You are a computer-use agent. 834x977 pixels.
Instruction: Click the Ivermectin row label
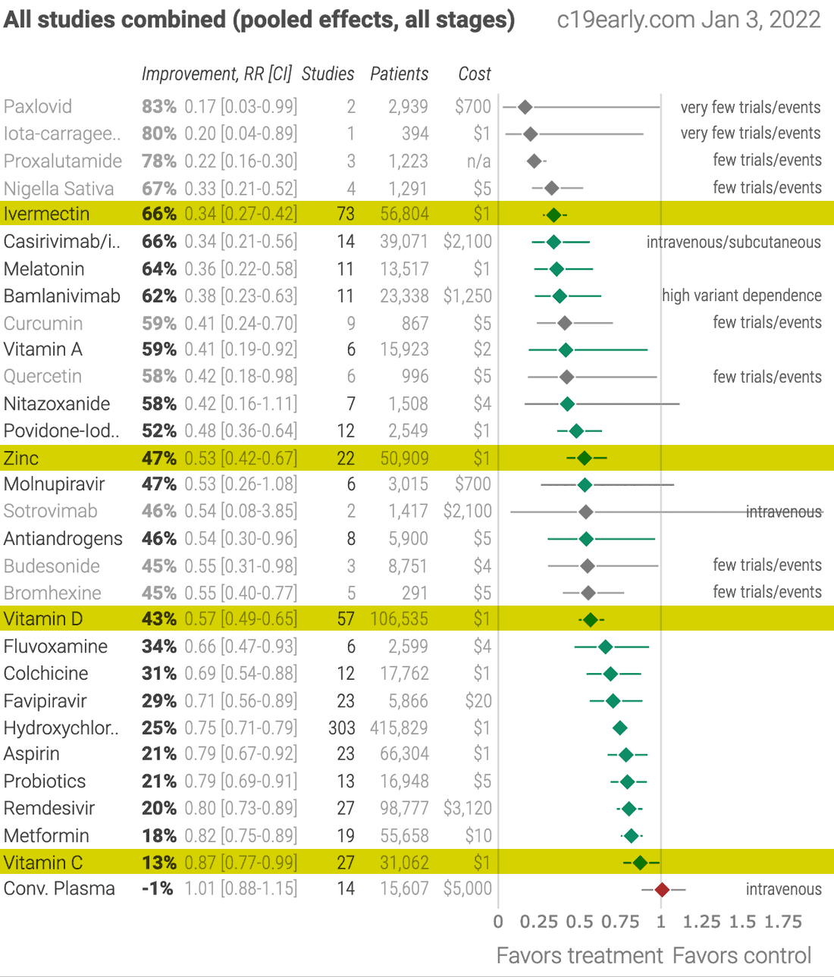click(46, 215)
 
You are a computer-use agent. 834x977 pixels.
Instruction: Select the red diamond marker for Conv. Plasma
click(662, 889)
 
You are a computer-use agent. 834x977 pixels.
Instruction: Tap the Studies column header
click(328, 74)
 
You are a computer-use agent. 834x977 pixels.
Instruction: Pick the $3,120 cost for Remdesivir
click(467, 809)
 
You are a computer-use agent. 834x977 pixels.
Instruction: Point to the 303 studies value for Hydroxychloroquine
click(341, 728)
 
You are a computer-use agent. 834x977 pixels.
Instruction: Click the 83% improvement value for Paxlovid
click(158, 107)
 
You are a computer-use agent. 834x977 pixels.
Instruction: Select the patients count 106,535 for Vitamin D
click(400, 619)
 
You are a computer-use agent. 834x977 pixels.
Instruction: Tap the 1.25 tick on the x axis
click(701, 922)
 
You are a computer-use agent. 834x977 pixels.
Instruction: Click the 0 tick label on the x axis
click(498, 922)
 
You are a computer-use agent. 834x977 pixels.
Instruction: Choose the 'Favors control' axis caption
click(742, 956)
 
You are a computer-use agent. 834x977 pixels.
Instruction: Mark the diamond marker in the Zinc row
click(584, 458)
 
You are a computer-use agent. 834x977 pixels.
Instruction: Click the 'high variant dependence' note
click(742, 296)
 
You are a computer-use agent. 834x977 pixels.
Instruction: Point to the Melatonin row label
click(44, 269)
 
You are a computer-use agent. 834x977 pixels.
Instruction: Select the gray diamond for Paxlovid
click(525, 108)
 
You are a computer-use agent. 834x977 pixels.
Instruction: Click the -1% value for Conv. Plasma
click(158, 889)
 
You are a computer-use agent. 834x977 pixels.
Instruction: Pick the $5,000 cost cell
click(467, 889)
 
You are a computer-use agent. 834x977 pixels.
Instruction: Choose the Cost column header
click(475, 74)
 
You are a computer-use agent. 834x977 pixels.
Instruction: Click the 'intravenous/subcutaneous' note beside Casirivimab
click(733, 243)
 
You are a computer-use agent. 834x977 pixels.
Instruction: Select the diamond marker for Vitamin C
click(640, 863)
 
